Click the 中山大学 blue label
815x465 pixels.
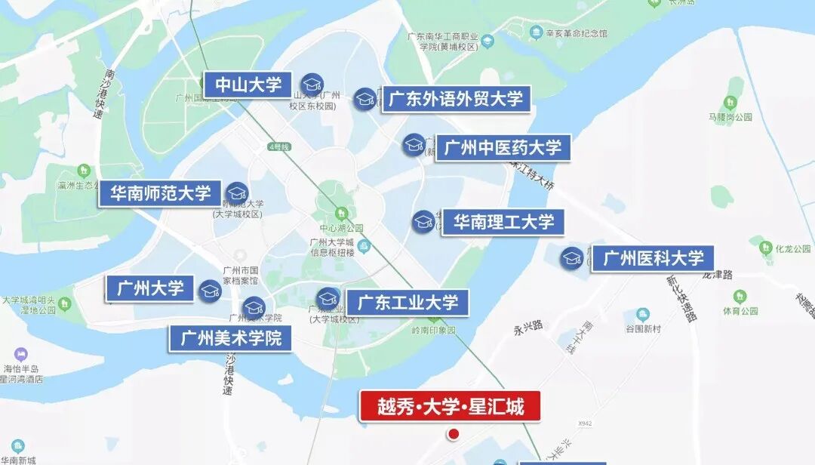[x=248, y=85]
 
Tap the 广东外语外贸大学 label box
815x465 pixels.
[x=455, y=99]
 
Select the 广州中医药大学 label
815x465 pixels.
[x=503, y=148]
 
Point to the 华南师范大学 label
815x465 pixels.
[x=160, y=193]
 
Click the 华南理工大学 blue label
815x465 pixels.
[x=503, y=222]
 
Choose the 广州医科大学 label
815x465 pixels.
[x=653, y=259]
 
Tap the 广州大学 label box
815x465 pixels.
[x=150, y=288]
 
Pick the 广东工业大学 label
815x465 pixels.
[x=407, y=303]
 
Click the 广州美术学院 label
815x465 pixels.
[x=230, y=337]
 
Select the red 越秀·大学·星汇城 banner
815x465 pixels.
[x=451, y=406]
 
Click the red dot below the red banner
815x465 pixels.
[x=454, y=434]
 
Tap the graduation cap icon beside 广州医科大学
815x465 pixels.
[x=572, y=258]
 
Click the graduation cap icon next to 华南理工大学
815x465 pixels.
[x=423, y=221]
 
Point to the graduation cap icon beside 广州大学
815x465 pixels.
[x=211, y=291]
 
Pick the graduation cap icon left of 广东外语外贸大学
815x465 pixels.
[x=366, y=98]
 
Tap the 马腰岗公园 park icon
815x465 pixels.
[x=730, y=103]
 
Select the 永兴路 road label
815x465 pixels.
[x=528, y=327]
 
